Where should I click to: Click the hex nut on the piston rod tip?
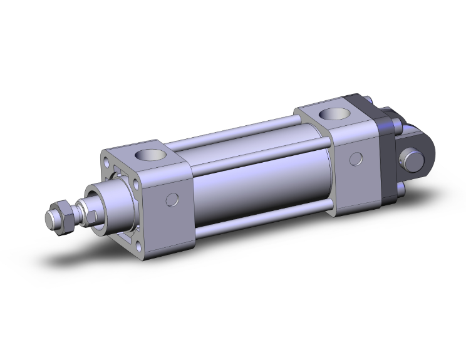coord(66,219)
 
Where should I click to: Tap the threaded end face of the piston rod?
coord(50,219)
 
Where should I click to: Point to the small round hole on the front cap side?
coord(173,200)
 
